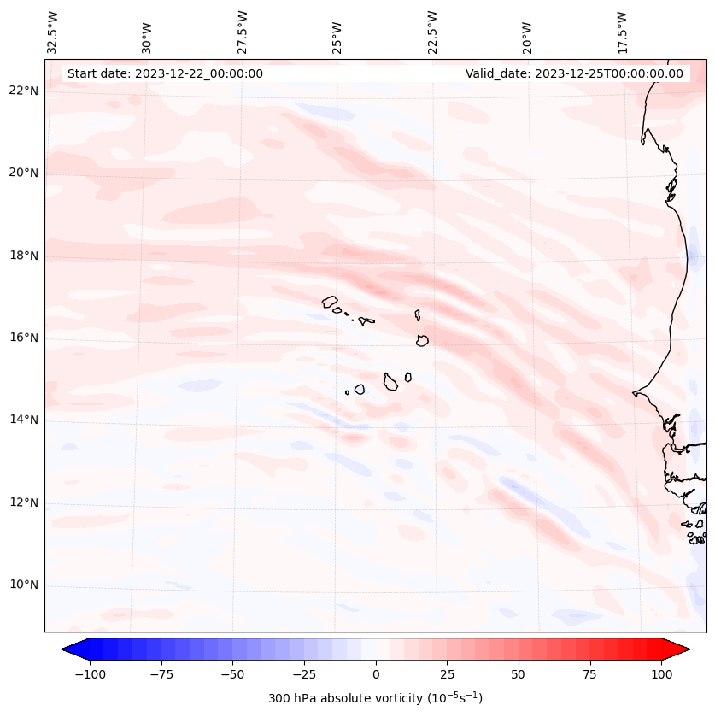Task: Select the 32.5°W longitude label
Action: (x=53, y=32)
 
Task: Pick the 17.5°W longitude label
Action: (x=623, y=32)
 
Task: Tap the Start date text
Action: (x=165, y=73)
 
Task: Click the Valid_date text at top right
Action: (x=574, y=73)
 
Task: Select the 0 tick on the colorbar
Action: (x=375, y=674)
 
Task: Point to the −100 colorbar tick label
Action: (x=90, y=674)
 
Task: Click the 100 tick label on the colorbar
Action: (x=661, y=674)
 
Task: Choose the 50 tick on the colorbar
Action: (x=518, y=674)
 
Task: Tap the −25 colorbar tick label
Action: (x=304, y=674)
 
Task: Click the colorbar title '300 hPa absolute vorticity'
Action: (x=375, y=698)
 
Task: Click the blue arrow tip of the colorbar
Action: (x=65, y=649)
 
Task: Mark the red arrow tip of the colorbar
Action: (x=686, y=649)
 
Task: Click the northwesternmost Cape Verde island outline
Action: (x=330, y=301)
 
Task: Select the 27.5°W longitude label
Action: (x=243, y=32)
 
